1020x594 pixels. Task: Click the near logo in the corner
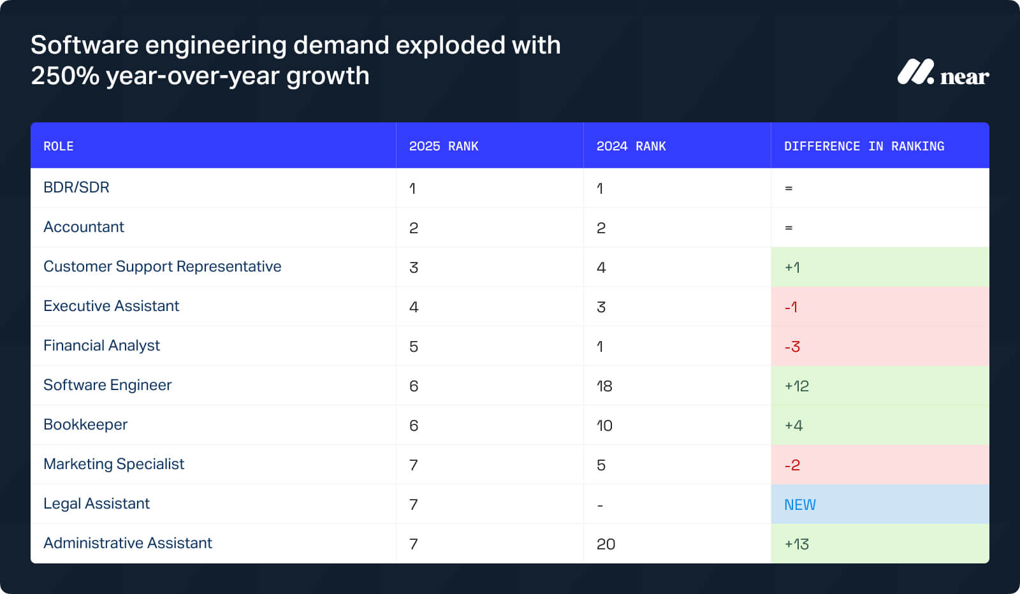point(942,73)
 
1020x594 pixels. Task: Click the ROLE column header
point(59,146)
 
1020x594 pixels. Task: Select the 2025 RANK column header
point(444,146)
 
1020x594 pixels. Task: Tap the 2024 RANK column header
point(631,146)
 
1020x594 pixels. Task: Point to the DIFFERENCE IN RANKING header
point(864,146)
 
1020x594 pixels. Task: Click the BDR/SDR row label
point(76,187)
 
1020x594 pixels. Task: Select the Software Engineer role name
point(108,385)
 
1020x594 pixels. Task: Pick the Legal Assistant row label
point(96,503)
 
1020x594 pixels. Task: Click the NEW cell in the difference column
point(800,505)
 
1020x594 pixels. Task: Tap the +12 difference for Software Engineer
point(797,386)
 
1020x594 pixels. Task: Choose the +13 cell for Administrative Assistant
point(797,544)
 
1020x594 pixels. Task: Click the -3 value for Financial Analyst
point(792,347)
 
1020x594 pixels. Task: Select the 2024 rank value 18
point(604,386)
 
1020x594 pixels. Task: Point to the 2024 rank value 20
point(606,544)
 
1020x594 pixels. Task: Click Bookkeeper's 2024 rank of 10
point(604,426)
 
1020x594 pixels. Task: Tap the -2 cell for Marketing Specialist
point(792,465)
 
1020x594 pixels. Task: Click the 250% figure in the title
point(65,76)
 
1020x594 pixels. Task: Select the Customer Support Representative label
point(163,266)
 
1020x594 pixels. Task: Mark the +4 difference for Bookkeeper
point(794,426)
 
